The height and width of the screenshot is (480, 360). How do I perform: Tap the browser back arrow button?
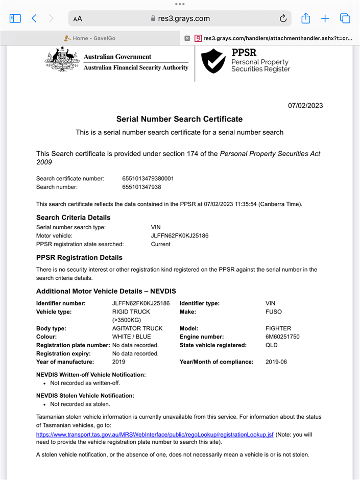click(x=34, y=18)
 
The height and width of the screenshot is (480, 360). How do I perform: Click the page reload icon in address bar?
click(x=283, y=19)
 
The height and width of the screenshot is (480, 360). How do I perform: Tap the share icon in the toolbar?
click(x=305, y=18)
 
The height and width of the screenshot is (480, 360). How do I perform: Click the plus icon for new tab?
click(x=325, y=18)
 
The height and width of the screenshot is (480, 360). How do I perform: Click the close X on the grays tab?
click(x=187, y=38)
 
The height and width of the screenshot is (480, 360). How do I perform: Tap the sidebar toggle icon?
click(x=15, y=18)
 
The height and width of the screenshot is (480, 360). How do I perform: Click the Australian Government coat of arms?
click(x=62, y=62)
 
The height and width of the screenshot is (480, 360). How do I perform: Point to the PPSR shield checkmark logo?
click(x=213, y=61)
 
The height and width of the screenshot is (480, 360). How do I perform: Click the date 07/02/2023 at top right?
click(x=305, y=106)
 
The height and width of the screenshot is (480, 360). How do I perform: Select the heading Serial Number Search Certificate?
click(x=179, y=119)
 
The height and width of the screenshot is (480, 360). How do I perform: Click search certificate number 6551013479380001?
click(x=148, y=179)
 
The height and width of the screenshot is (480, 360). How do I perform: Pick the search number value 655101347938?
click(x=141, y=187)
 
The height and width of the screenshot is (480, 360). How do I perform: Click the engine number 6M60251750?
click(x=282, y=337)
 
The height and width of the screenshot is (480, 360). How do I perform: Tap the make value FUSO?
click(x=274, y=311)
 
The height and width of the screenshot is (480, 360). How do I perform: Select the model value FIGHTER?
click(x=278, y=329)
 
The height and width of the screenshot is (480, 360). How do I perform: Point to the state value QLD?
click(x=272, y=345)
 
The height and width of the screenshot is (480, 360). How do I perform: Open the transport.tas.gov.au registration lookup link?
click(x=155, y=435)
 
